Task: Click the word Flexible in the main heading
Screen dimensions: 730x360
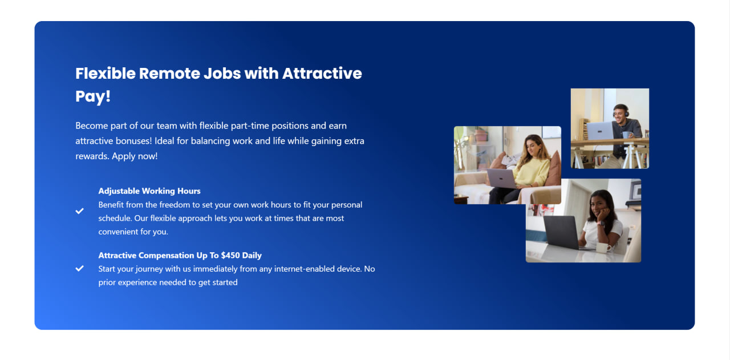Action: [106, 74]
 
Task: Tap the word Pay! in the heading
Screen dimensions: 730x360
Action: [93, 96]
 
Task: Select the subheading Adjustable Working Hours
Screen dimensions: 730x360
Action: [149, 191]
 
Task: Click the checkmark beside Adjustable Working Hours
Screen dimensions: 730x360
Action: [79, 211]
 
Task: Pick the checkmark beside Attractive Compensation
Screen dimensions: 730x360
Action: [79, 268]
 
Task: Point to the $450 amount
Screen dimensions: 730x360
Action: [230, 256]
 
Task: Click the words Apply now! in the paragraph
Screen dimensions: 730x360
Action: [135, 156]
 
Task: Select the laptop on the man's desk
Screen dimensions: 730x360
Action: [600, 131]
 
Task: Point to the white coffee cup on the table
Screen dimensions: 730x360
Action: [603, 248]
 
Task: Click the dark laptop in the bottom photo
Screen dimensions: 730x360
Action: [561, 232]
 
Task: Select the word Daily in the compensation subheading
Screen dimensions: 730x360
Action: [252, 256]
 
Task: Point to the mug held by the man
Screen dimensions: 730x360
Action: [626, 135]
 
